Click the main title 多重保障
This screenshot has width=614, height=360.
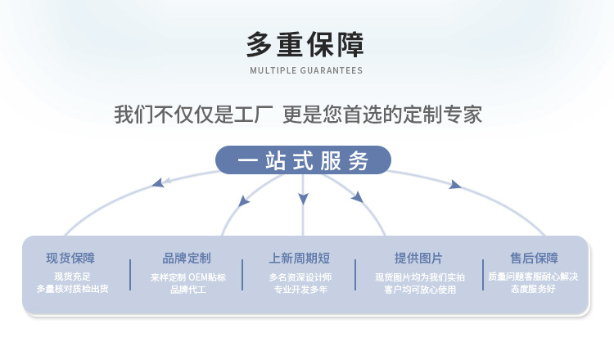(305, 43)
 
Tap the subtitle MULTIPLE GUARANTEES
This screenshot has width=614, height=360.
(305, 70)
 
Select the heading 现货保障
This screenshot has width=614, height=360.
(70, 258)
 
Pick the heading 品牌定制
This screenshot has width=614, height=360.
(187, 258)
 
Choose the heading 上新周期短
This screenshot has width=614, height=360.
(300, 258)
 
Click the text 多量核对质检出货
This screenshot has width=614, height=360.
(72, 289)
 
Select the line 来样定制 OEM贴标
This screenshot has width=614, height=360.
(187, 277)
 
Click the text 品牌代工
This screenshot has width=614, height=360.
(187, 290)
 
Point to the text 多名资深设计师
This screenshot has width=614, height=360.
(300, 277)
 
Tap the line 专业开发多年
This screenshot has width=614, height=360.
(300, 290)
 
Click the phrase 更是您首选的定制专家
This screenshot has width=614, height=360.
(381, 115)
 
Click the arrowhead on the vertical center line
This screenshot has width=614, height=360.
(303, 199)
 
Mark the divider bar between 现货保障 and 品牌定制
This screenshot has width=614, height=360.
(130, 274)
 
